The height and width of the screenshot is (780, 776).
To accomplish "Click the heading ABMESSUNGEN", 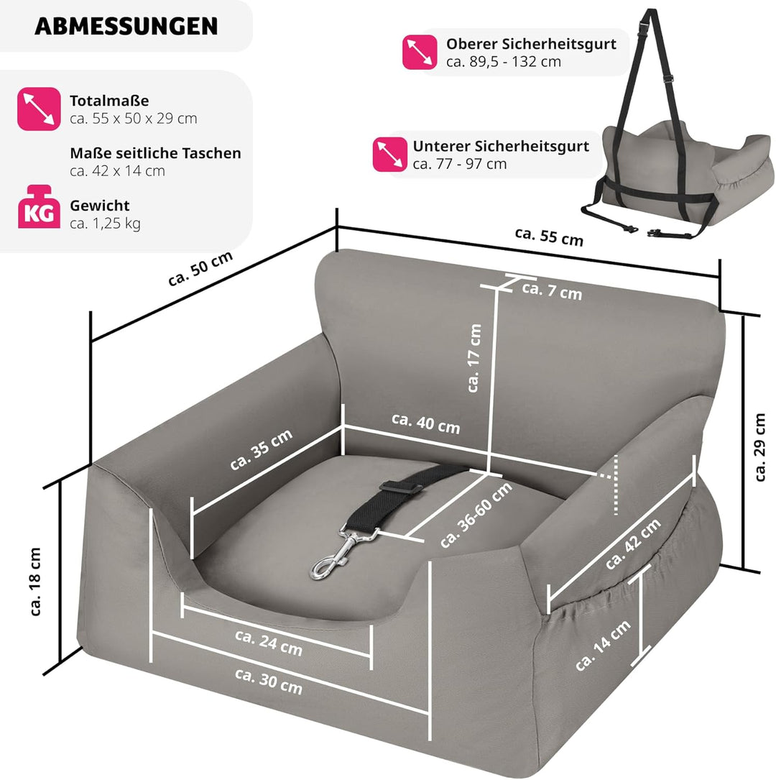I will tap(126, 26).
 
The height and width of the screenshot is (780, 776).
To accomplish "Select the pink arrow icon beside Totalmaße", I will tap(39, 109).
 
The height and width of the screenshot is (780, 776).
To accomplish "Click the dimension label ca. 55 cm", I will tap(549, 237).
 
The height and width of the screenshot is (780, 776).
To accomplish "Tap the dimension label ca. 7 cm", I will tap(552, 291).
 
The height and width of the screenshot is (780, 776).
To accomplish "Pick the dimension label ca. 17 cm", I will tap(474, 357).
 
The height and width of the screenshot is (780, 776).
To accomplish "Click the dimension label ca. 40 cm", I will tap(425, 423).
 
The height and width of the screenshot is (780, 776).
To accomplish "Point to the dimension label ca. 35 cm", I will tap(262, 449).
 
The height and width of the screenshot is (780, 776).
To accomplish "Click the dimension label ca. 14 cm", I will tap(603, 645).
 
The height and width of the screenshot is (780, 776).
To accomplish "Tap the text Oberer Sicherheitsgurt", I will tap(531, 44).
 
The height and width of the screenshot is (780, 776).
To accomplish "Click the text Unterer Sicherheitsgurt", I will tap(501, 146).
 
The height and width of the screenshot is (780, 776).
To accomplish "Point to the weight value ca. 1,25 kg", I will tap(105, 223).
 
